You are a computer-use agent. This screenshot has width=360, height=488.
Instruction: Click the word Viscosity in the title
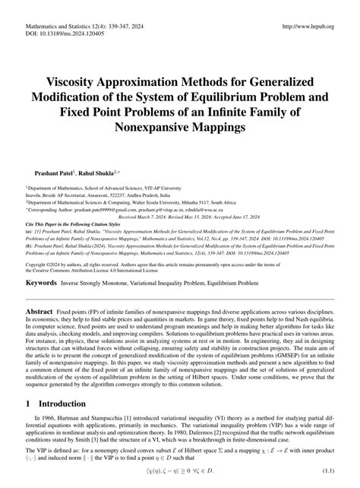[83, 80]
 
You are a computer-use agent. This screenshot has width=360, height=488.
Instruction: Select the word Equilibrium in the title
[246, 94]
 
